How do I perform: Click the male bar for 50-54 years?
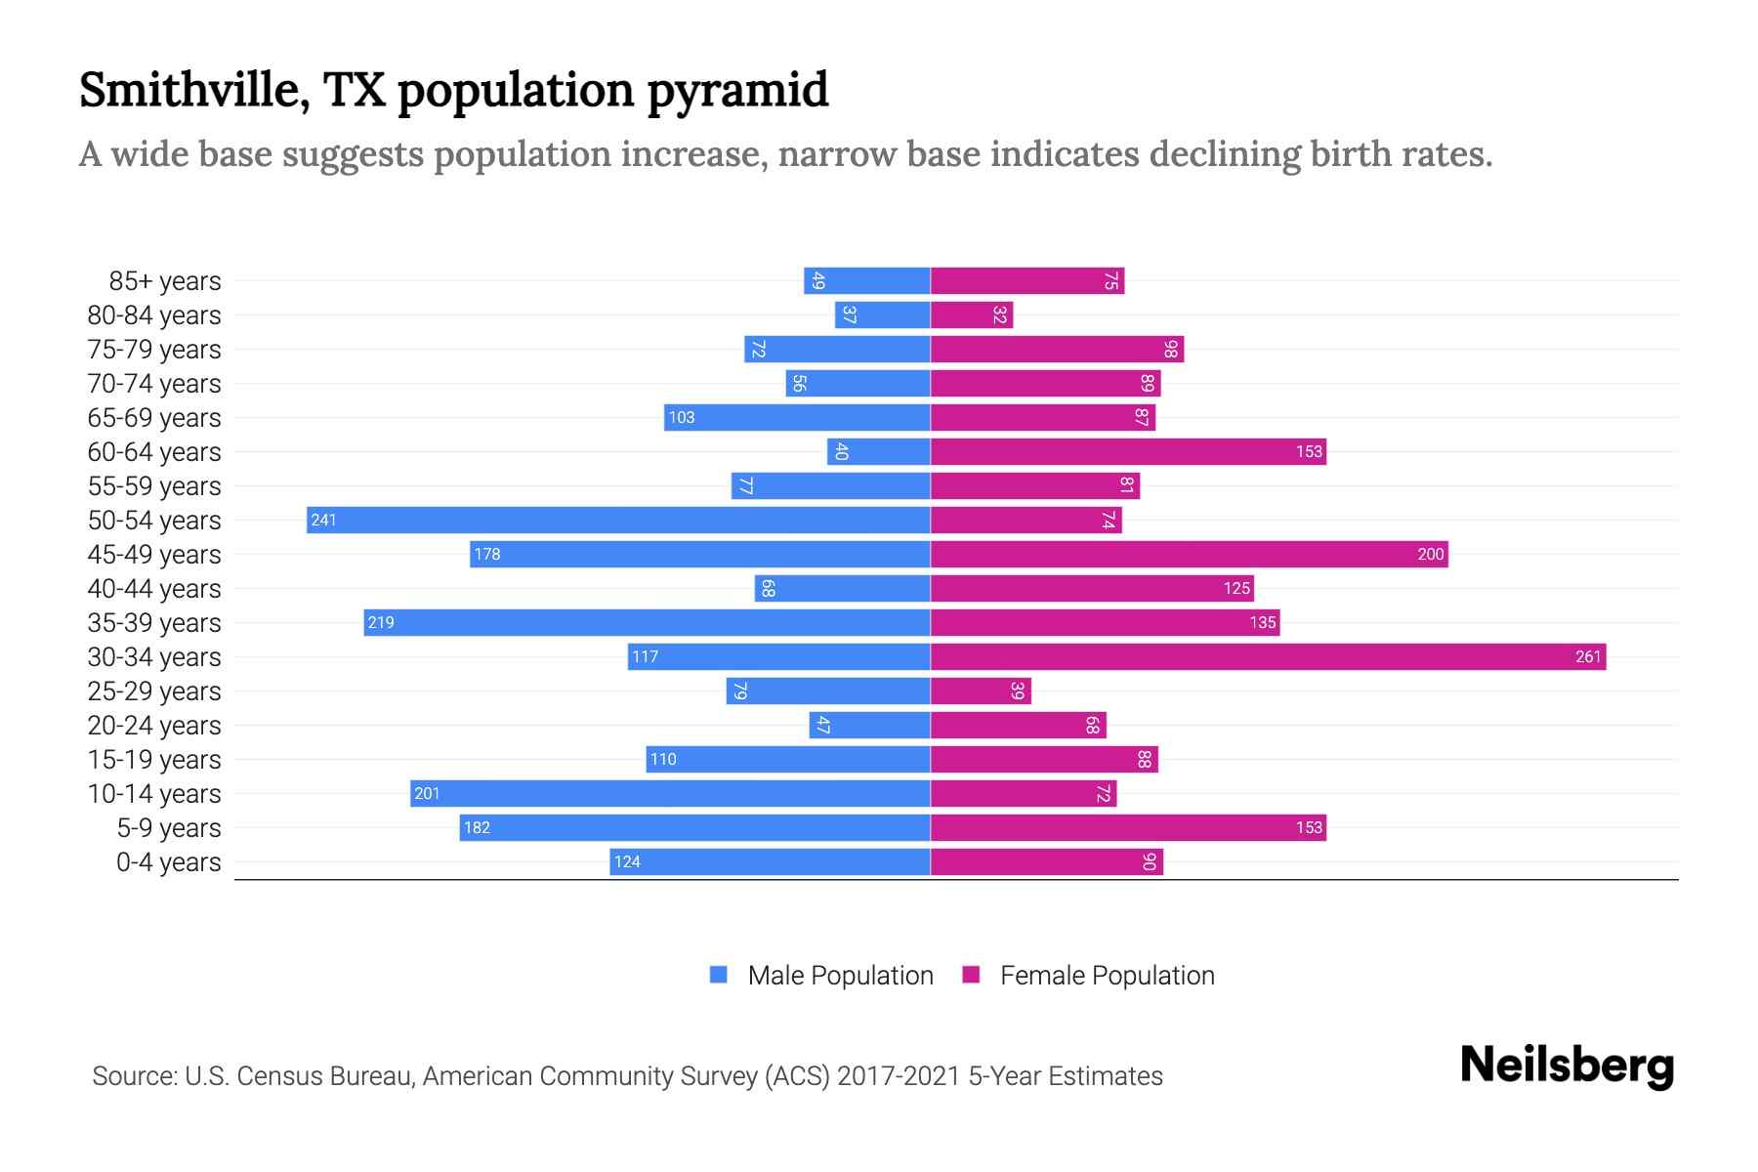pos(618,520)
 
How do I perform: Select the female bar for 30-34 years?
pos(1268,656)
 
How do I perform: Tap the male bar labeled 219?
pos(647,622)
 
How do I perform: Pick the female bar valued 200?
pos(1189,554)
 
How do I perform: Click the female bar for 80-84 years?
pos(972,314)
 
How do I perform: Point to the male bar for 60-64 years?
pos(879,451)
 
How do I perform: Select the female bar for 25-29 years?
pos(981,691)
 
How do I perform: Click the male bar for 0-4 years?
pos(770,861)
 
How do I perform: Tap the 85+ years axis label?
pos(164,281)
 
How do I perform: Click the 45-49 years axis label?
pos(154,555)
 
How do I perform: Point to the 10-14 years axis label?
pos(154,794)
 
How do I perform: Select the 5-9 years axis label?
pos(168,828)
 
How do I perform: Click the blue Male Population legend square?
pos(719,975)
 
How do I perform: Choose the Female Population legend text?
pos(1107,976)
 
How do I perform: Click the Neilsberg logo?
pos(1567,1066)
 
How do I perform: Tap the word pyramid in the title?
pos(737,91)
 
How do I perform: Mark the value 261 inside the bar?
pos(1588,656)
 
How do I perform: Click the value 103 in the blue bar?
pos(681,417)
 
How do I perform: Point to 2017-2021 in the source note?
pos(898,1076)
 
